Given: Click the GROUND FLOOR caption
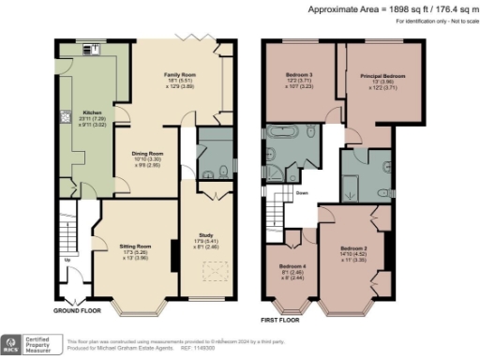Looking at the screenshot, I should (76, 309).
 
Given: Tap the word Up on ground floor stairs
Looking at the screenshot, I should (65, 260).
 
